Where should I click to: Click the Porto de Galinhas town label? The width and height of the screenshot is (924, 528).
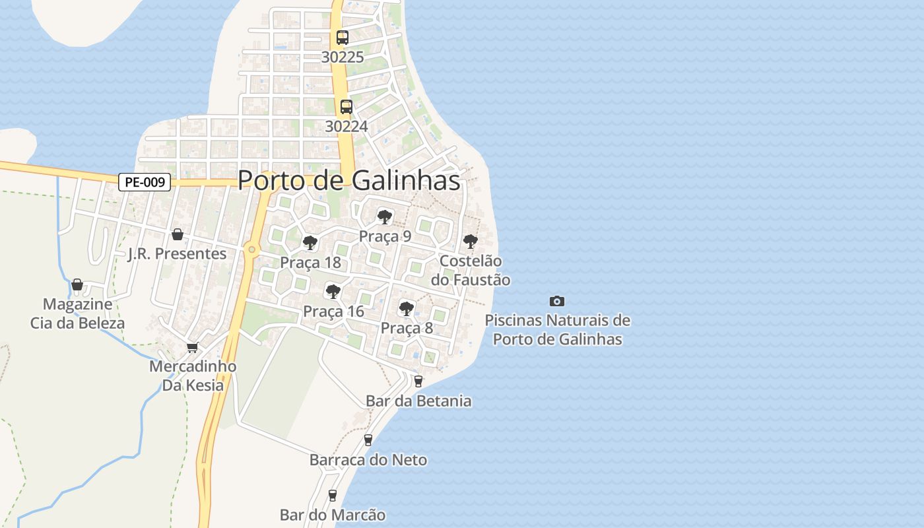pyautogui.click(x=348, y=180)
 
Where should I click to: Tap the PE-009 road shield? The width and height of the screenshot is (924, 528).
pyautogui.click(x=145, y=182)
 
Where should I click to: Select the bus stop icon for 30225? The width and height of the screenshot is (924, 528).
pyautogui.click(x=343, y=38)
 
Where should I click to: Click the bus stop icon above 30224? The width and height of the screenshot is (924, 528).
pyautogui.click(x=346, y=106)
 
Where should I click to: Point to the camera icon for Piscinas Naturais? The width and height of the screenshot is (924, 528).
pyautogui.click(x=557, y=301)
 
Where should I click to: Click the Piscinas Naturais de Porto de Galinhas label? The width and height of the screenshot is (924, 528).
pyautogui.click(x=558, y=330)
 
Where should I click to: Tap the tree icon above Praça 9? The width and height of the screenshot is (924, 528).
pyautogui.click(x=384, y=216)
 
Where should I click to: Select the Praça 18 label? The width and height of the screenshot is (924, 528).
pyautogui.click(x=310, y=263)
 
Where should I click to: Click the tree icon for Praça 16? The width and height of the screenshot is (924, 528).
pyautogui.click(x=333, y=291)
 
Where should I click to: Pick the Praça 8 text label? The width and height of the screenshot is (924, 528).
pyautogui.click(x=407, y=328)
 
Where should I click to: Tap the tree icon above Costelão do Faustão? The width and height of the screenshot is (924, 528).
pyautogui.click(x=470, y=242)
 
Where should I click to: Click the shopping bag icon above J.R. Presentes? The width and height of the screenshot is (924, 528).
pyautogui.click(x=177, y=234)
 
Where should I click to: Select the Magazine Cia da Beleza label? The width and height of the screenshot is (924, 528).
pyautogui.click(x=77, y=314)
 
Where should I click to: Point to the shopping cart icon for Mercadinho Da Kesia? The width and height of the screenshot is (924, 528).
pyautogui.click(x=193, y=347)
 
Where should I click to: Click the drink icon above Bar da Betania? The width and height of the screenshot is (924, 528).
pyautogui.click(x=418, y=381)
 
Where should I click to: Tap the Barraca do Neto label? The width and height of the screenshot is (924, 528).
pyautogui.click(x=368, y=460)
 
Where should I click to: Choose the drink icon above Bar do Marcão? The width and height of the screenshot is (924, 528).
pyautogui.click(x=333, y=495)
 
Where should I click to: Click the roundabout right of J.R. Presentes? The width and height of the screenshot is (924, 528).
pyautogui.click(x=251, y=249)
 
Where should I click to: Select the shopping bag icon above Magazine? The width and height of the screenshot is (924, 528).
pyautogui.click(x=77, y=284)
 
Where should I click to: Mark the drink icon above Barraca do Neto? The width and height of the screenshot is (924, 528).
pyautogui.click(x=368, y=440)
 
